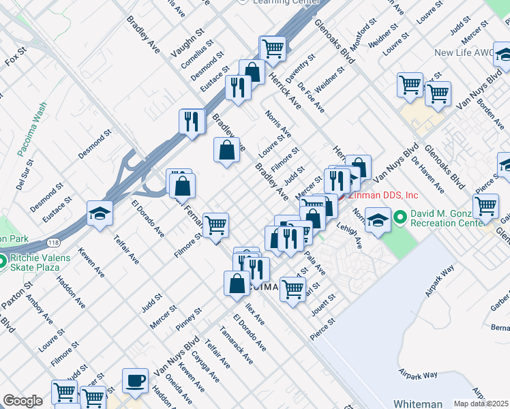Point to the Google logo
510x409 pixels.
click(22, 401)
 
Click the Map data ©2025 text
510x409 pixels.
click(481, 404)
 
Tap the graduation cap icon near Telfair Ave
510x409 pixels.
click(100, 213)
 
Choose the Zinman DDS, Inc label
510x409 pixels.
click(383, 195)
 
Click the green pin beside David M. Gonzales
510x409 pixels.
click(399, 217)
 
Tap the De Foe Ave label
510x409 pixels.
click(311, 97)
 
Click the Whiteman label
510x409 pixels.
click(417, 404)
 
